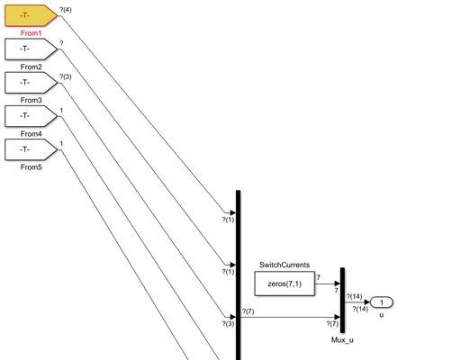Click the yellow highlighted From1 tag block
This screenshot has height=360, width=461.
pyautogui.click(x=32, y=15)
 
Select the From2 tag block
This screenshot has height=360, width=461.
pyautogui.click(x=32, y=49)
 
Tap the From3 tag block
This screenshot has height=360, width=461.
pyautogui.click(x=32, y=83)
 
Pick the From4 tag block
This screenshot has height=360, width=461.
pyautogui.click(x=32, y=116)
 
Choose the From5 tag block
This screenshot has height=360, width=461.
pyautogui.click(x=32, y=149)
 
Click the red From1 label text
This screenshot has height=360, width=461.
pyautogui.click(x=32, y=33)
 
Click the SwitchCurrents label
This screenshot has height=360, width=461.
pyautogui.click(x=285, y=265)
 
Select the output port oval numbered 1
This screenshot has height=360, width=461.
pyautogui.click(x=382, y=302)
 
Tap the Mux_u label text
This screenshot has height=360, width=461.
pyautogui.click(x=342, y=340)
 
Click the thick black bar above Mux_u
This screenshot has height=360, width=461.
pyautogui.click(x=342, y=300)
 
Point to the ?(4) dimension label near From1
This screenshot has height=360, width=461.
pyautogui.click(x=66, y=10)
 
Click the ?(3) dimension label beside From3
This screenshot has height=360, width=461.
pyautogui.click(x=66, y=76)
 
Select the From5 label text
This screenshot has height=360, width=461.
pyautogui.click(x=32, y=167)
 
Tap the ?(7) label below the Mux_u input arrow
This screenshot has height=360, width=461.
pyautogui.click(x=332, y=324)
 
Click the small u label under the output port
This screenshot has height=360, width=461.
pyautogui.click(x=382, y=315)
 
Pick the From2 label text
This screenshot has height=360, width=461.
pyautogui.click(x=32, y=67)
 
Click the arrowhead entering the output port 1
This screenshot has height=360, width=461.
pyautogui.click(x=367, y=302)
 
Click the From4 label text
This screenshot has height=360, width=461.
pyautogui.click(x=32, y=134)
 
